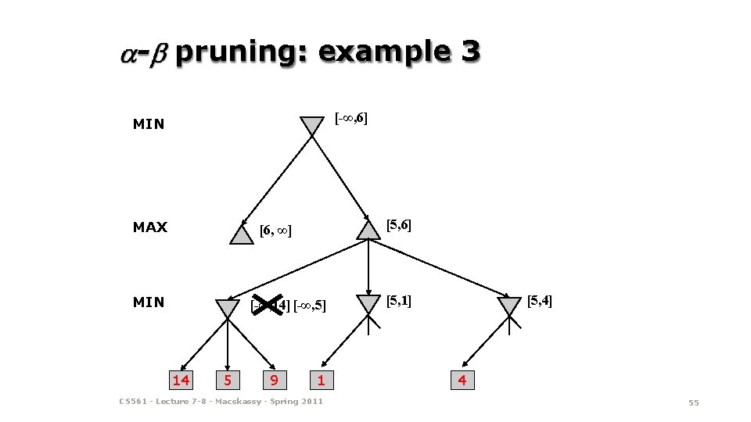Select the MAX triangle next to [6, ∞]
(243, 235)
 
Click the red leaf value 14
(181, 381)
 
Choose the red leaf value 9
(273, 381)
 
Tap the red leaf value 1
(321, 381)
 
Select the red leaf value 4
(462, 381)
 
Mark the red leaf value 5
(227, 381)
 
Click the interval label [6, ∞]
(275, 231)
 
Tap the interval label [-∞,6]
(351, 119)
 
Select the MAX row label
(150, 227)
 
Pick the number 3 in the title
(471, 52)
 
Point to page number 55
(693, 402)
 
